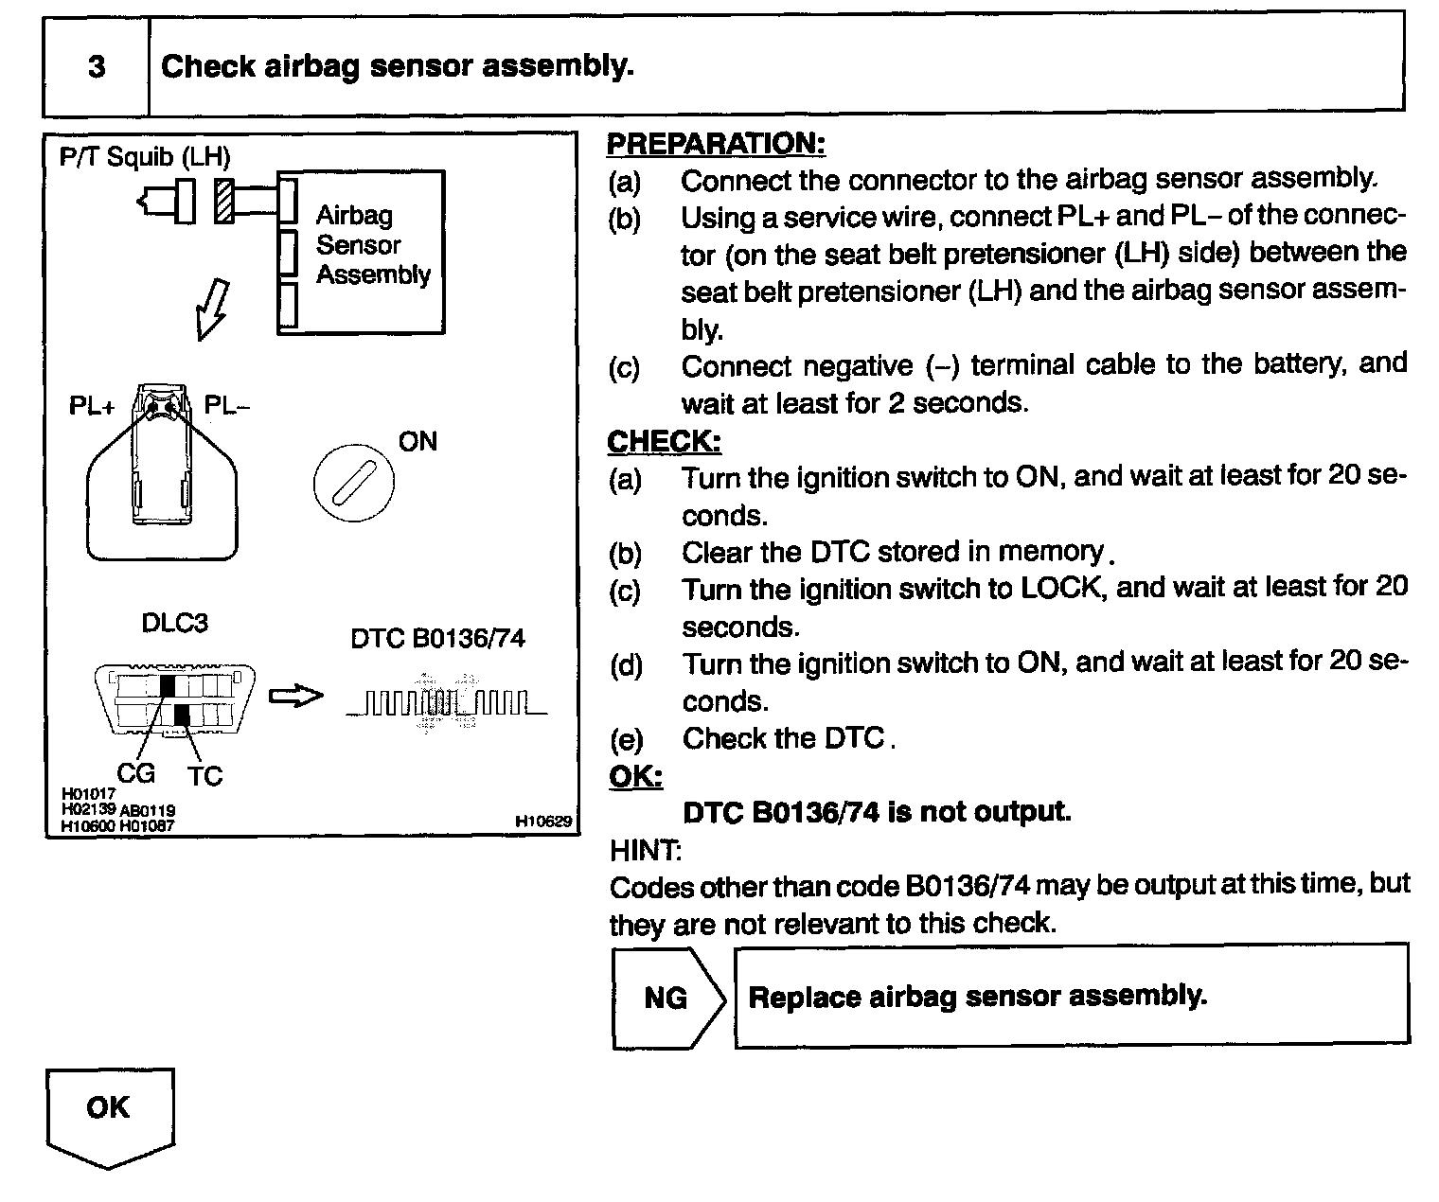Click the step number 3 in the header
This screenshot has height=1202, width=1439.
[97, 67]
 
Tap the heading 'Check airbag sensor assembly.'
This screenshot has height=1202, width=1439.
[397, 67]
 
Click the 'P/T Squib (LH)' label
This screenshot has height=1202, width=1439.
[145, 156]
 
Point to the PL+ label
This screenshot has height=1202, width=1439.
[92, 406]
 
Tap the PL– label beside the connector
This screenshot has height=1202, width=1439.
[228, 406]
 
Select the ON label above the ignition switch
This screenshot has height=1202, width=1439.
[417, 441]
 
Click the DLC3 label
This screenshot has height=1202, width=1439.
[174, 623]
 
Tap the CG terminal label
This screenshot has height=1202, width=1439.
[135, 773]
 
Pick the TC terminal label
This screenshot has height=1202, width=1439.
[204, 776]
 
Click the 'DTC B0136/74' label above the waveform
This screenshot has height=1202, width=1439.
[437, 639]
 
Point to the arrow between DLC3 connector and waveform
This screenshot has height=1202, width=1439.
[295, 697]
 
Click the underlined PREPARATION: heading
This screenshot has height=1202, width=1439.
[716, 144]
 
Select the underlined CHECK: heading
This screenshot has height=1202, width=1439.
[665, 441]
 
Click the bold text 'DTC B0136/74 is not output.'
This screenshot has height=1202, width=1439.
[877, 812]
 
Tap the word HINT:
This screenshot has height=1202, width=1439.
[646, 850]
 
